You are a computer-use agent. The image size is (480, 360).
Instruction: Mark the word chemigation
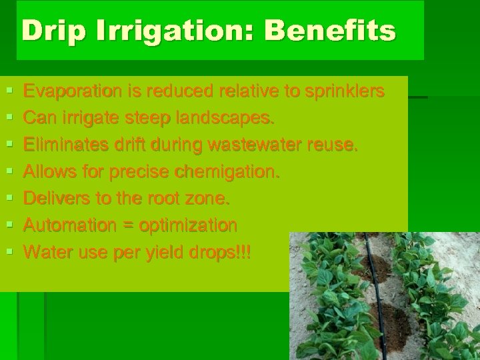(227, 172)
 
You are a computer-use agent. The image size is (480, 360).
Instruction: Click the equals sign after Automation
(127, 226)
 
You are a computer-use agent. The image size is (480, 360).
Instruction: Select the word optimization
(188, 225)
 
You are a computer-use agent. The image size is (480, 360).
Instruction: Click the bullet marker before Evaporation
(8, 91)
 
